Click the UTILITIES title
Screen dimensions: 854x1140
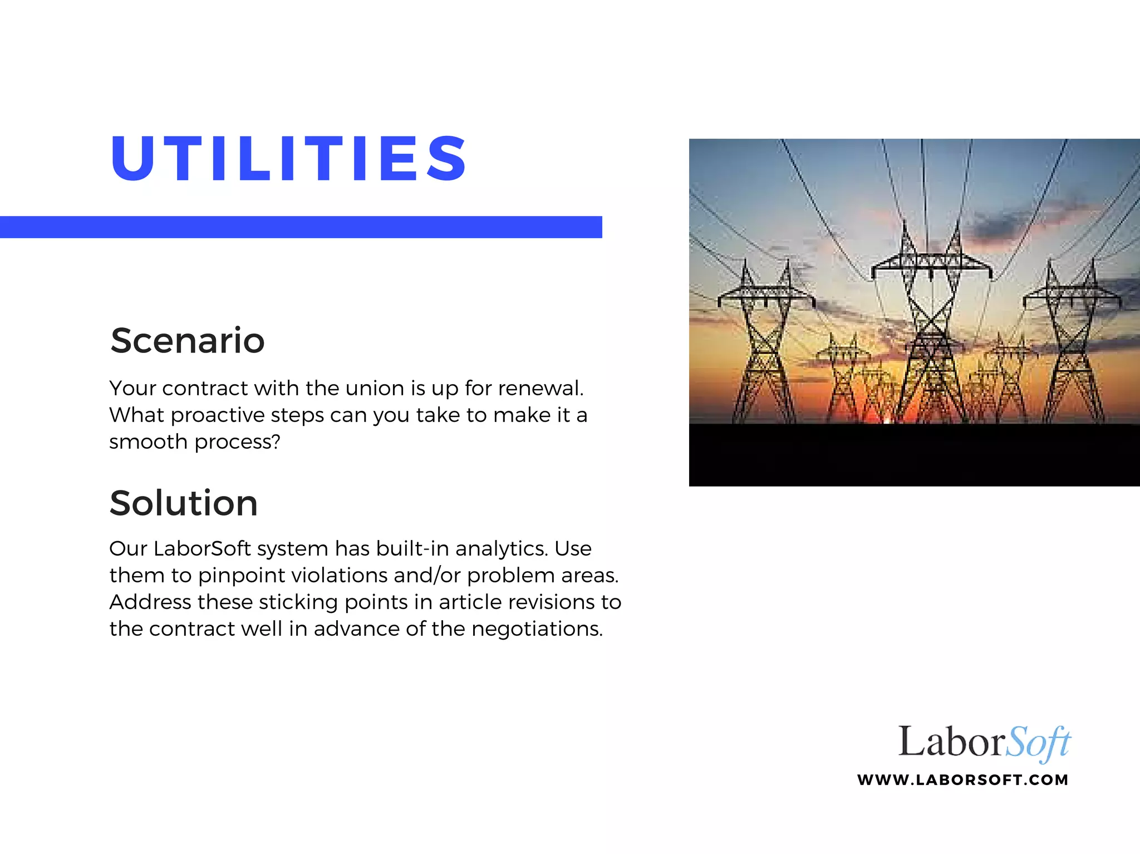click(289, 159)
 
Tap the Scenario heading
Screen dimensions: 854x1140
click(188, 340)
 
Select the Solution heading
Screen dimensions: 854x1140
click(184, 503)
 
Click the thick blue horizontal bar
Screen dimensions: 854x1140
click(301, 227)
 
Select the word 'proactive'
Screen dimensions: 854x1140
click(218, 415)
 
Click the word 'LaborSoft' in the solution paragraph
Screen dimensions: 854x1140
click(202, 548)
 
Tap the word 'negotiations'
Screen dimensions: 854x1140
click(537, 629)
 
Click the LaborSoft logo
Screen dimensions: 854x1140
click(984, 743)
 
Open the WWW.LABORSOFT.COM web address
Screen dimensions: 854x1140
click(962, 779)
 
